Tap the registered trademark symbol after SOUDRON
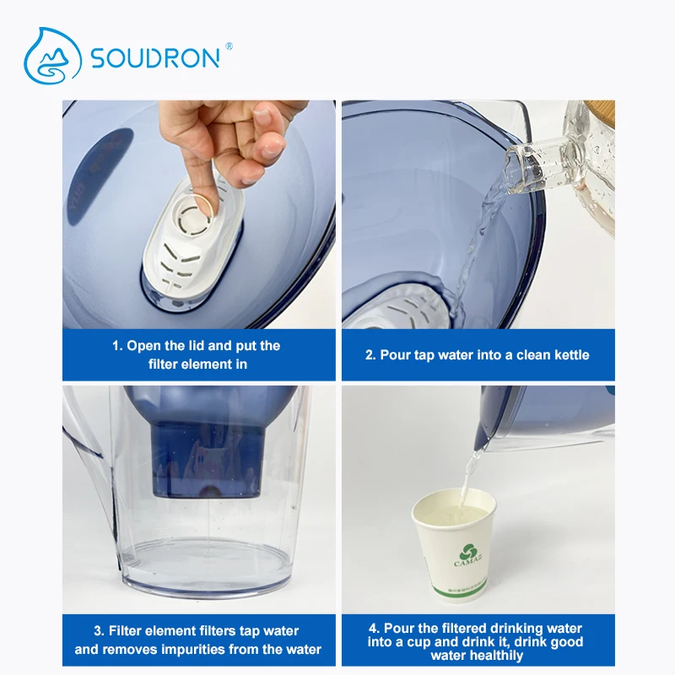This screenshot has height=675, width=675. pyautogui.click(x=229, y=46)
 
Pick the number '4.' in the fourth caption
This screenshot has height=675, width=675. pyautogui.click(x=375, y=629)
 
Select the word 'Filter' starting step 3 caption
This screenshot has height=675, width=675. pyautogui.click(x=127, y=631)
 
